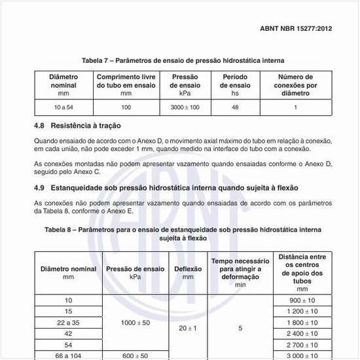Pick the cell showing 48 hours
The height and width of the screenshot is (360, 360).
(x=235, y=107)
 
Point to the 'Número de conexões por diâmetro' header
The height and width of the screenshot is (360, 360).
(x=295, y=85)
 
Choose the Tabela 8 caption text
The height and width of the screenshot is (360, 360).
(x=183, y=234)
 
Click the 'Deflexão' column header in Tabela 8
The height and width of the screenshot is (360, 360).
(x=188, y=273)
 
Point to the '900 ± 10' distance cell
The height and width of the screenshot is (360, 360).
(x=302, y=300)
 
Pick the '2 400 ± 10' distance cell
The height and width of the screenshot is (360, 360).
(x=302, y=333)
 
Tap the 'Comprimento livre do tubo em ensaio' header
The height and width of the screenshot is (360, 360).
(x=126, y=85)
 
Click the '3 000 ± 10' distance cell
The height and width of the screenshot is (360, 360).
(x=302, y=355)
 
